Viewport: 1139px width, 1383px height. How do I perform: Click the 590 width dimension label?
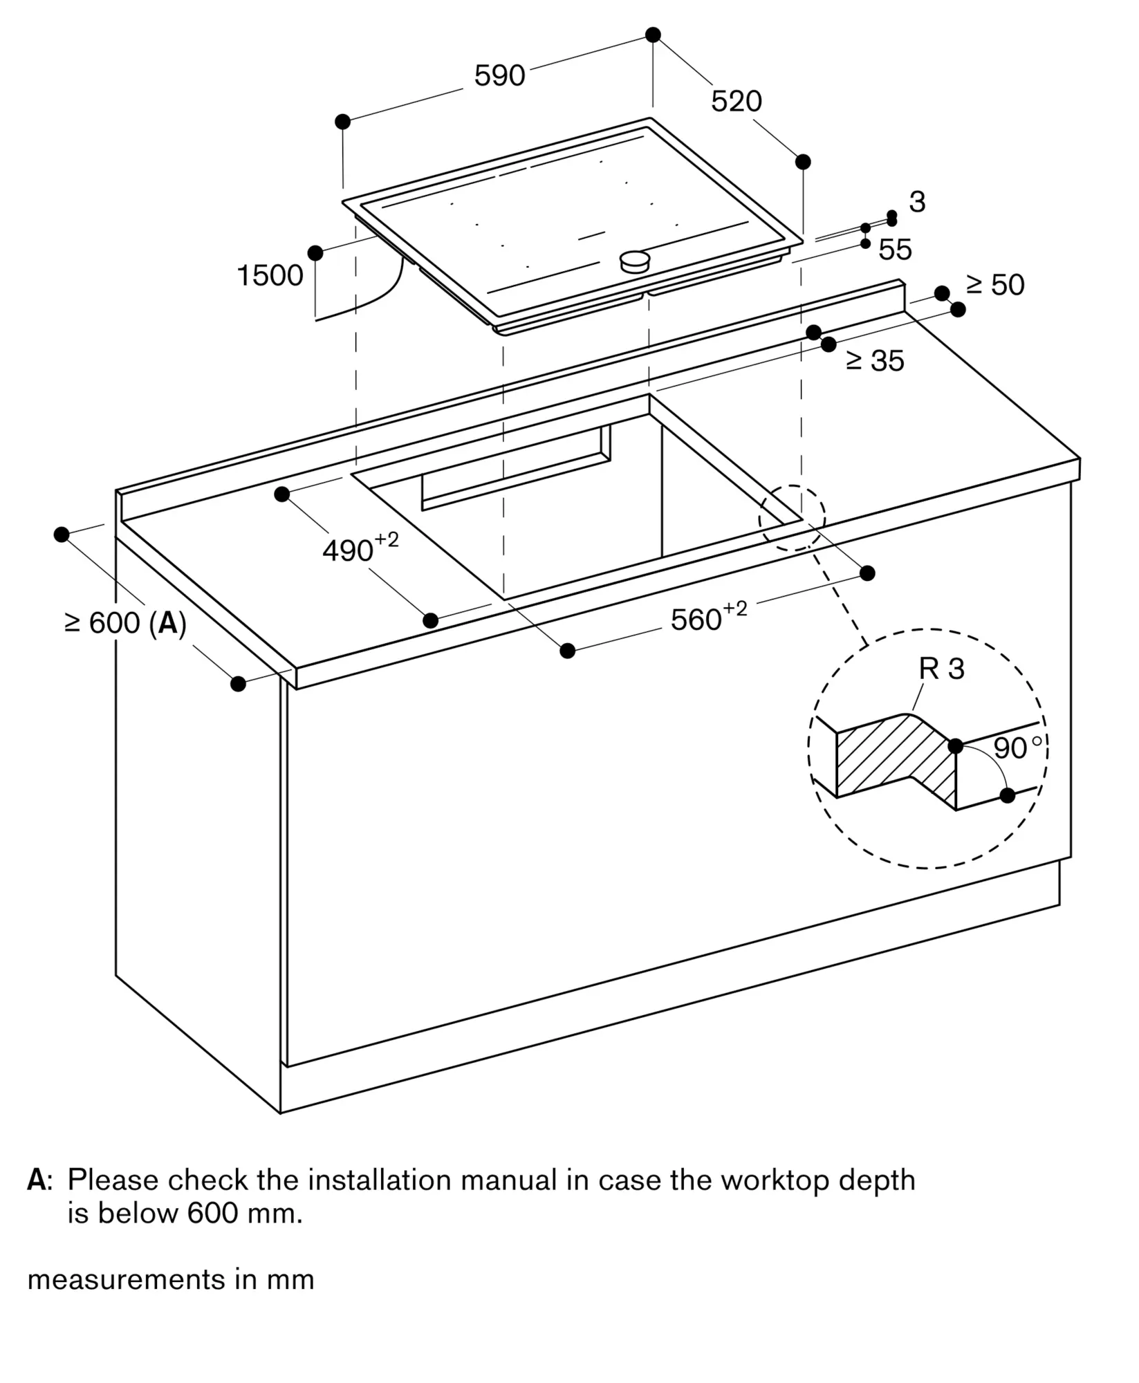pyautogui.click(x=499, y=75)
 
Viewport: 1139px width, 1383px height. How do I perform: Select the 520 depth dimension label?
pyautogui.click(x=737, y=102)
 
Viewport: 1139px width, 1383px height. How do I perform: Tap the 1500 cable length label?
pyautogui.click(x=270, y=275)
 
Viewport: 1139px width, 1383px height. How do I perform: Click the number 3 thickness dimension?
pyautogui.click(x=917, y=202)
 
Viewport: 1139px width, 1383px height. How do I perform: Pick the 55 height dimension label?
pyautogui.click(x=896, y=250)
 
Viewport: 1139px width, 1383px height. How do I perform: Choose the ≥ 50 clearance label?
pyautogui.click(x=995, y=285)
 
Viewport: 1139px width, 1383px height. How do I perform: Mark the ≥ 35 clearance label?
pyautogui.click(x=875, y=360)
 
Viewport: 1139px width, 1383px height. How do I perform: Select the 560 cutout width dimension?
pyautogui.click(x=709, y=616)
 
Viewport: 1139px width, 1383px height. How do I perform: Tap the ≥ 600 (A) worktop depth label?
pyautogui.click(x=125, y=624)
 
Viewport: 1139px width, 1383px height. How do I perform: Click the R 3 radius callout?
pyautogui.click(x=941, y=669)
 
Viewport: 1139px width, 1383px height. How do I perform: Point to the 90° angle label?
pyautogui.click(x=1017, y=748)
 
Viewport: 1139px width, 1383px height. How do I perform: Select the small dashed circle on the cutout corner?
pyautogui.click(x=792, y=518)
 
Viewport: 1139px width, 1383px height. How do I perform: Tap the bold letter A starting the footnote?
pyautogui.click(x=36, y=1180)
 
